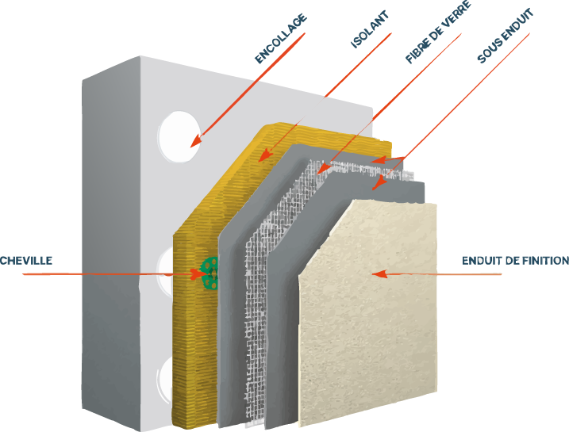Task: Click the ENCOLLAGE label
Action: (x=280, y=39)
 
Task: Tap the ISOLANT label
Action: (x=369, y=30)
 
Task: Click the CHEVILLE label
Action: (x=25, y=260)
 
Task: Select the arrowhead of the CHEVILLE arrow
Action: (x=201, y=274)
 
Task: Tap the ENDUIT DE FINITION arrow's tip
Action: (x=375, y=274)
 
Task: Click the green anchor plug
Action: (x=211, y=273)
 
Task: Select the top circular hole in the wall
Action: (x=179, y=136)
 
